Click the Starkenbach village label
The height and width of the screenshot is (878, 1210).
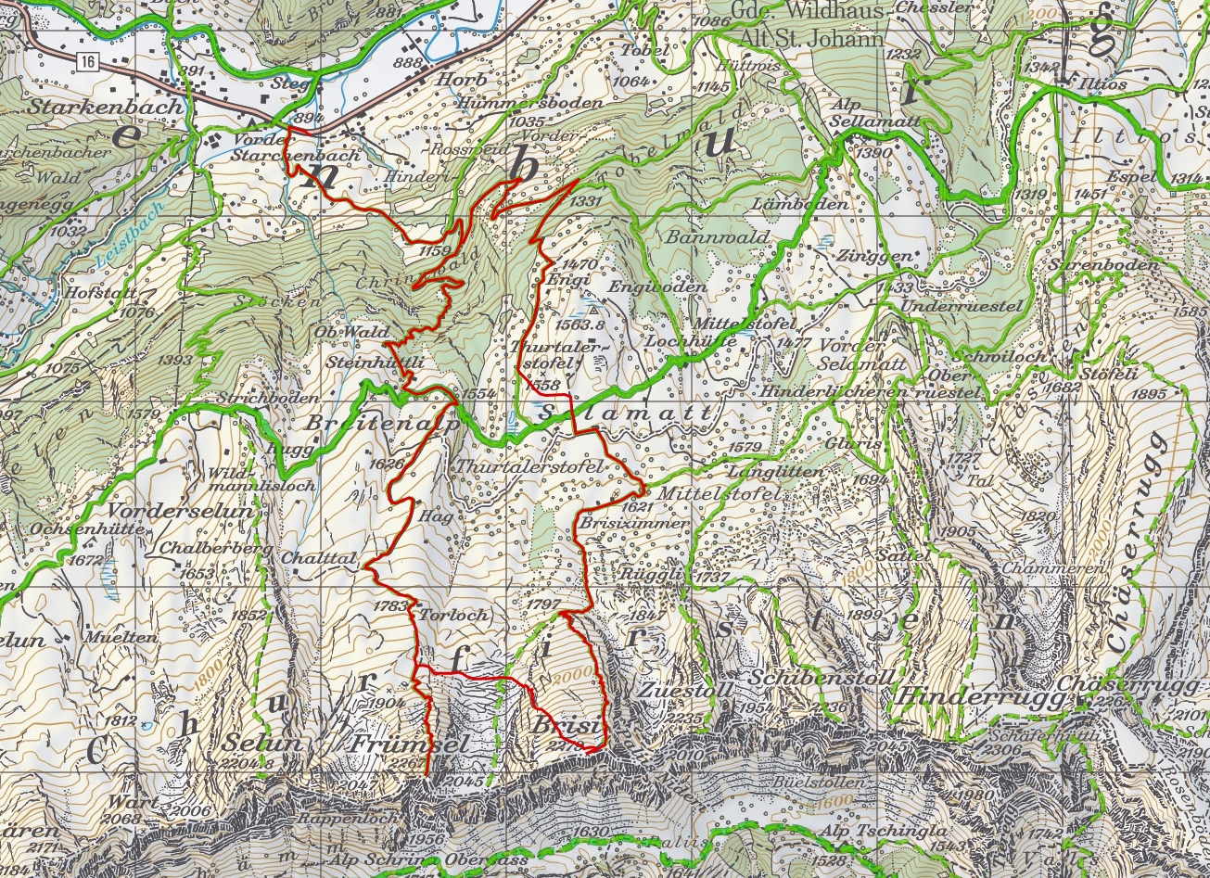[x=105, y=107]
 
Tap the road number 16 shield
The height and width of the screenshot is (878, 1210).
[x=87, y=61]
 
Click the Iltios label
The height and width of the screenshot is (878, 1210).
[x=1102, y=84]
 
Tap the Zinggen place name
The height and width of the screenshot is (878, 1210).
[x=861, y=256]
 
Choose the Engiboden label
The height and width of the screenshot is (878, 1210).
[x=656, y=287]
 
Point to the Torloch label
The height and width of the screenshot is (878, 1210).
[x=440, y=615]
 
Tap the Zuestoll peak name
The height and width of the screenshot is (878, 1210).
[x=686, y=692]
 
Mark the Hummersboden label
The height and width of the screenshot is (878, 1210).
[x=529, y=103]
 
